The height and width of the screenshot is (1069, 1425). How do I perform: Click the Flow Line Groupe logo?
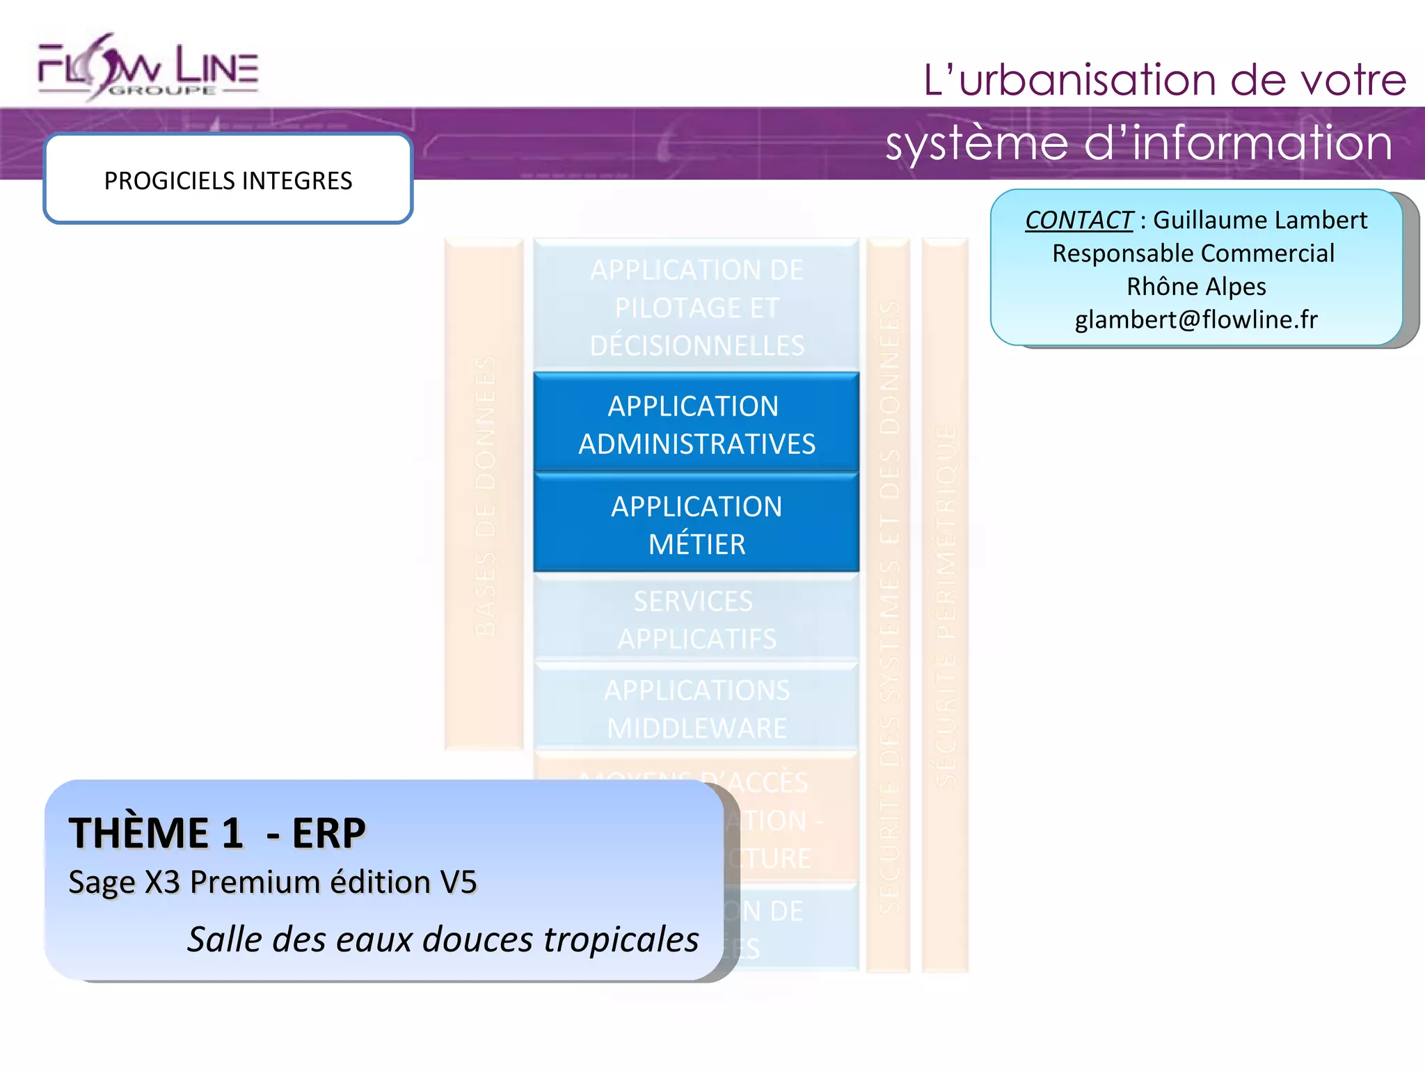pos(148,68)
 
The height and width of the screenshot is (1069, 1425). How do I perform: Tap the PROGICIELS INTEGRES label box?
pos(228,180)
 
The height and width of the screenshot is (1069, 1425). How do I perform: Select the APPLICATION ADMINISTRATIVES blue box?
pos(696,425)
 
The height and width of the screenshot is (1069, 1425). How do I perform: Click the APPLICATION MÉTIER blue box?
pos(696,525)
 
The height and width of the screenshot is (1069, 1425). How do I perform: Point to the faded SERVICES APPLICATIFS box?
pos(696,619)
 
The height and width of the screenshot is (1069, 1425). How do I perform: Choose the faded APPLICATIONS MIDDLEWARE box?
pos(696,708)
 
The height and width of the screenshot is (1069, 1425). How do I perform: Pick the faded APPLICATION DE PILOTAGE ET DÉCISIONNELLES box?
pos(696,306)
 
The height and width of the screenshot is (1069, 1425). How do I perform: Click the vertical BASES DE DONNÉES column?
pos(484,494)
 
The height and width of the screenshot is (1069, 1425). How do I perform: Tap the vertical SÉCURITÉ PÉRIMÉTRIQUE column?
pos(945,605)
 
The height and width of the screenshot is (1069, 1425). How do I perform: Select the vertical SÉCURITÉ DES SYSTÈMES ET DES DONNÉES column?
pos(889,605)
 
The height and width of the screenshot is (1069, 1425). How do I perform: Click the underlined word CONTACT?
pos(1078,220)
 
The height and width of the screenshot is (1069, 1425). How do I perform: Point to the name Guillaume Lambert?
pos(1260,220)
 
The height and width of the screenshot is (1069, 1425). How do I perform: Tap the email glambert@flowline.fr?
pos(1196,319)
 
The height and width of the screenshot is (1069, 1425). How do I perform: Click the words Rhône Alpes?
pos(1196,286)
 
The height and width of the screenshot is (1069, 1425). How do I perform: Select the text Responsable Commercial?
pos(1193,253)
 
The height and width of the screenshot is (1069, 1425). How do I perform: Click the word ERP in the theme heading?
pos(328,832)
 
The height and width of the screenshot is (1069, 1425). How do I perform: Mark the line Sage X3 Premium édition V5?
pos(273,882)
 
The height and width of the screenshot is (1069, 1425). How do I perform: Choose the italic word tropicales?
pos(621,939)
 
